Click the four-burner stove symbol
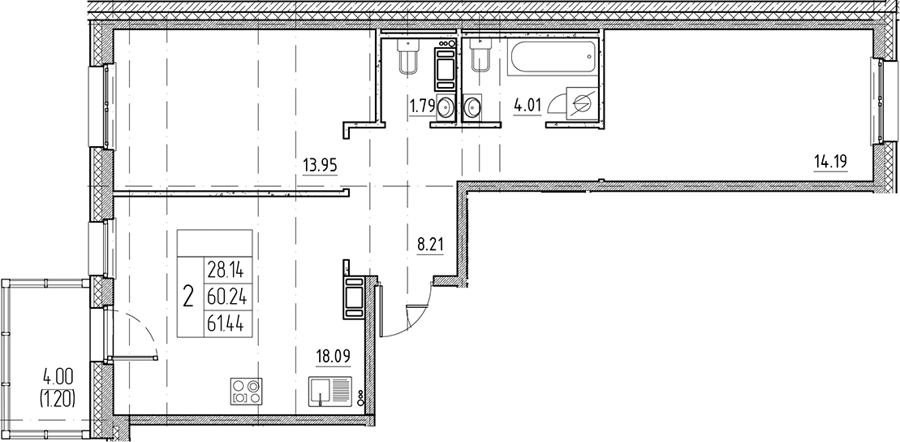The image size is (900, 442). point(248,392)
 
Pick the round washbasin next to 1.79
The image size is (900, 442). point(445,106)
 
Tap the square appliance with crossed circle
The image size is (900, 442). point(579,104)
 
